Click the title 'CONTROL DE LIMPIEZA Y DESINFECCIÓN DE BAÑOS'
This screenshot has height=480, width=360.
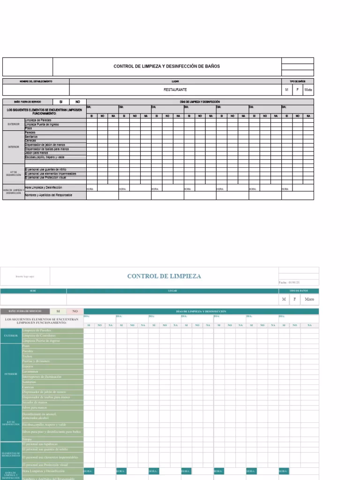(166, 66)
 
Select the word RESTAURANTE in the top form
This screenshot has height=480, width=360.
(175, 90)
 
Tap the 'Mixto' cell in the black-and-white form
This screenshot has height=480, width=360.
(308, 90)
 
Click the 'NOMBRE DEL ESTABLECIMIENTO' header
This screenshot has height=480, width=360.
(36, 81)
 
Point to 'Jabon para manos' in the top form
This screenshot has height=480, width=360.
(37, 153)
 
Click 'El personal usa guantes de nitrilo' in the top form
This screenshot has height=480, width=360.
(45, 169)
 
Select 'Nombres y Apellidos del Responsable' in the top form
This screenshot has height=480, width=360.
(48, 195)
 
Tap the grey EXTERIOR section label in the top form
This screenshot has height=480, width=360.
(14, 124)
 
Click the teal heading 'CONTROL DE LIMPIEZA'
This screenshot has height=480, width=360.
(164, 276)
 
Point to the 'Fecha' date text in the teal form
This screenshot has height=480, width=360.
(289, 282)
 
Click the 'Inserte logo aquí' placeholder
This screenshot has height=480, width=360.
(25, 276)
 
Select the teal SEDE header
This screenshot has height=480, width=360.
(33, 291)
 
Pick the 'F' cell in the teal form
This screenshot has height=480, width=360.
(295, 299)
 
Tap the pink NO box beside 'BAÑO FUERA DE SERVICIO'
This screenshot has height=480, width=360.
(75, 311)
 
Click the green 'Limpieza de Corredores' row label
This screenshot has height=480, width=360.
(39, 336)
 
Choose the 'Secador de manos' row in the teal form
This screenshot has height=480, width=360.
(35, 402)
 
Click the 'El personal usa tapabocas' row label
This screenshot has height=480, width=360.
(40, 443)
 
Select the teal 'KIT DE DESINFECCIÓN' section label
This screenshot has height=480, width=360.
(10, 423)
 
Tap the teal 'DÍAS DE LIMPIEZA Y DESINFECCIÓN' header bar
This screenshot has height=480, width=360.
(201, 311)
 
